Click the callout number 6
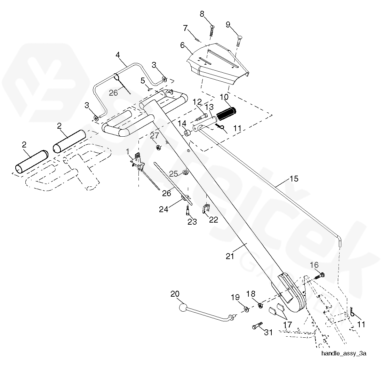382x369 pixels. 182,45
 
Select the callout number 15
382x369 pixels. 294,179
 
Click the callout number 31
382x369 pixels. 268,332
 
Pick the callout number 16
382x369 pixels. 314,265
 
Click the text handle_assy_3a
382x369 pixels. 343,353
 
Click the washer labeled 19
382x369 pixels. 246,309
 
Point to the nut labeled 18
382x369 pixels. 260,305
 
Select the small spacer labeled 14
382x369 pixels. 187,133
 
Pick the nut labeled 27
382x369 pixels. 157,147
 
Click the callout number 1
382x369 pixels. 128,152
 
